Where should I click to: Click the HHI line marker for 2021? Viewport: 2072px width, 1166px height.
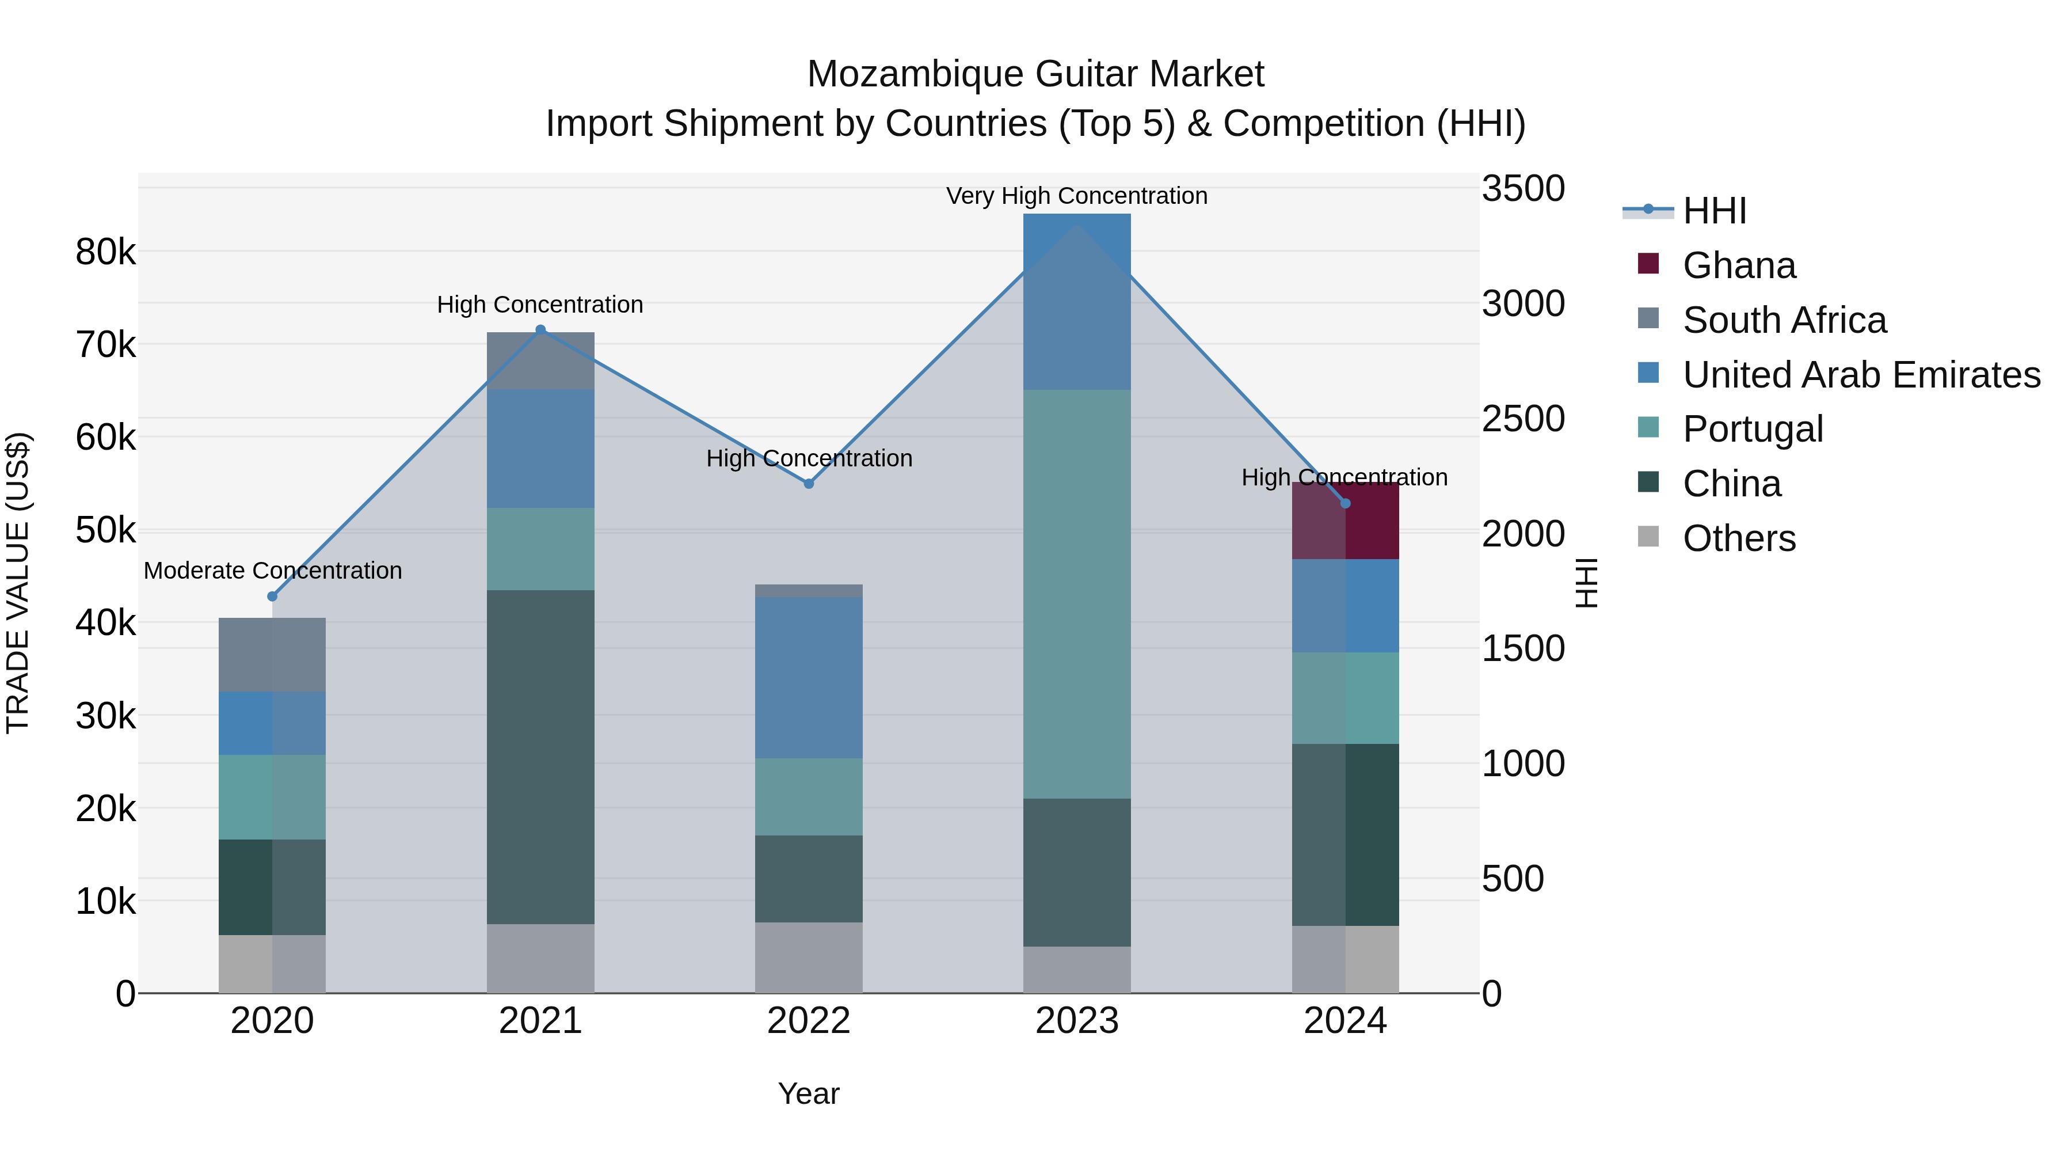click(540, 330)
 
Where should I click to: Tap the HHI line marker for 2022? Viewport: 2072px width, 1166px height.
click(809, 484)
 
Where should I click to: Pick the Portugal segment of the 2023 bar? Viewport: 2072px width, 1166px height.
click(1077, 594)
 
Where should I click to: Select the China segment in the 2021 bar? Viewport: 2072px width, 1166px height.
click(540, 757)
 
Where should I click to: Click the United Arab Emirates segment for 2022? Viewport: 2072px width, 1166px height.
click(809, 678)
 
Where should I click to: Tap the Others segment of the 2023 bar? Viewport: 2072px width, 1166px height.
click(1077, 970)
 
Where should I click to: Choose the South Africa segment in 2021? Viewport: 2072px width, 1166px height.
click(540, 360)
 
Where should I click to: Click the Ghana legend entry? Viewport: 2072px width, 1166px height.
click(1738, 265)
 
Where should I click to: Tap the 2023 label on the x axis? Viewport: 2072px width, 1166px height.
click(1077, 1021)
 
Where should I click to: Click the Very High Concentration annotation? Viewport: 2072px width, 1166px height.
click(1077, 196)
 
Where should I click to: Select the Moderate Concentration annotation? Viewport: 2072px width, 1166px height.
click(273, 571)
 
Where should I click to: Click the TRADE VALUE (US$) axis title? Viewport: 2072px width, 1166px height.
click(18, 583)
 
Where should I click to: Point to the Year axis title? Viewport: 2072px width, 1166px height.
click(809, 1093)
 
